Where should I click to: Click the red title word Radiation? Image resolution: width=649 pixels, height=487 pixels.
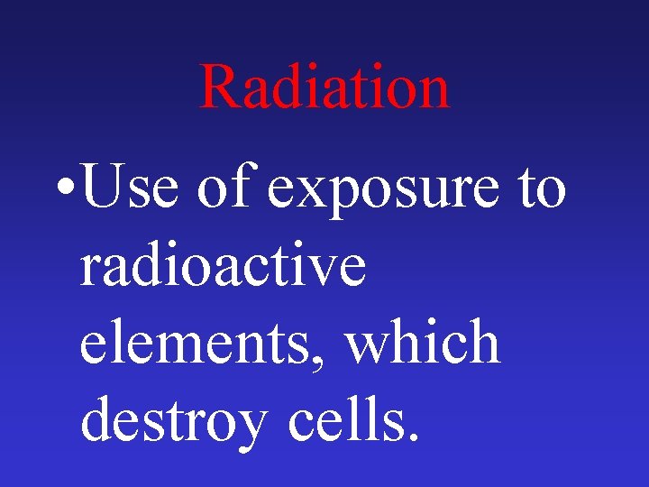click(324, 87)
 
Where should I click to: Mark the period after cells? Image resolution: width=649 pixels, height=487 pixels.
click(413, 438)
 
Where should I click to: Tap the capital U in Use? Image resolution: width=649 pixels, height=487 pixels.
click(103, 188)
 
